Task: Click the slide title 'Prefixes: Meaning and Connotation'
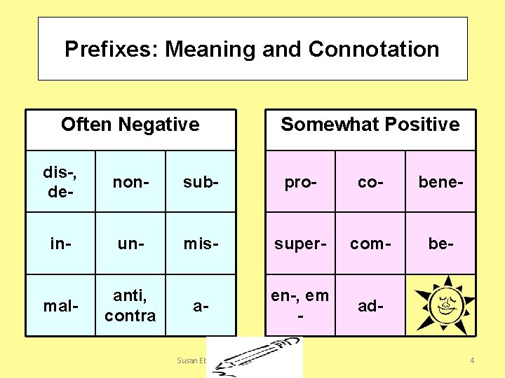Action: (252, 49)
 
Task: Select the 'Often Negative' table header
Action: (130, 125)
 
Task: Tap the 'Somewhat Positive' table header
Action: (370, 125)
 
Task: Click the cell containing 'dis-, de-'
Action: (60, 181)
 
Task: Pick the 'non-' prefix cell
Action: (130, 182)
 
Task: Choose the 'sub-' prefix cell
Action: (201, 182)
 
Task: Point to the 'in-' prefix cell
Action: (60, 243)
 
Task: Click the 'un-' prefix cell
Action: (130, 243)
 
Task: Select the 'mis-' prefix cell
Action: (201, 243)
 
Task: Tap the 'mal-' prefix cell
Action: (60, 306)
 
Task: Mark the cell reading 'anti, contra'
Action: (130, 306)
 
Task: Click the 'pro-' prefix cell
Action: (300, 182)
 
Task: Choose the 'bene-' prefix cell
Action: (441, 182)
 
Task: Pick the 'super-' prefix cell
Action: (300, 243)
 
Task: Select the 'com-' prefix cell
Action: (371, 243)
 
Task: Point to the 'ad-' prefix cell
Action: (371, 306)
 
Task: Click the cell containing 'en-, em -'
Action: (300, 306)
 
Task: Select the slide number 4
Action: (472, 360)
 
